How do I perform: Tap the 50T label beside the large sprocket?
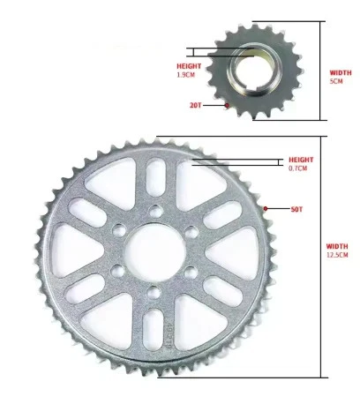pos(296,209)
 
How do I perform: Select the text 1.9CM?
pos(186,75)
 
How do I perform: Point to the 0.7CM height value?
pos(298,168)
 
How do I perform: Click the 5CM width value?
pos(336,81)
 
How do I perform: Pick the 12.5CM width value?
pos(338,255)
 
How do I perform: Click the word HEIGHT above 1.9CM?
pos(189,66)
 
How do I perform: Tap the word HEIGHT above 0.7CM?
pos(300,160)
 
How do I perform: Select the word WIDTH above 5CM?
pos(340,72)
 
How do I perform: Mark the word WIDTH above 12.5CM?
pos(337,246)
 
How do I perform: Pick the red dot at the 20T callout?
pos(228,105)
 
